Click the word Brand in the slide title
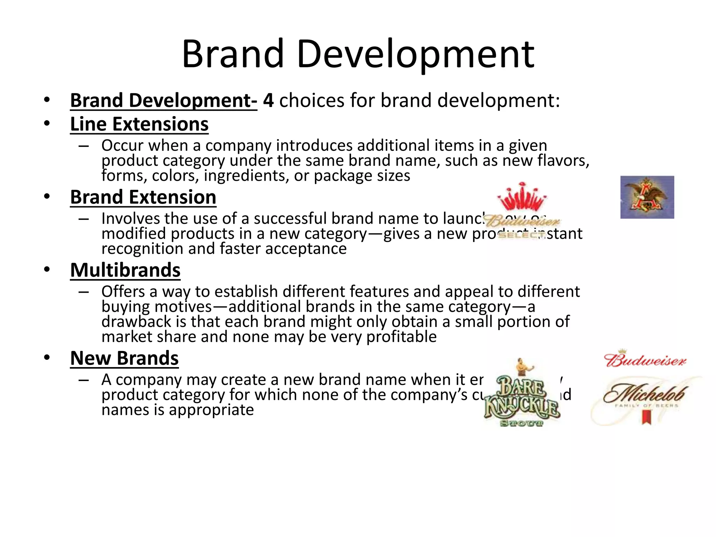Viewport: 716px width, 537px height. click(x=232, y=54)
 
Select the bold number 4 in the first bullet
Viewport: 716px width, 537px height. click(x=268, y=100)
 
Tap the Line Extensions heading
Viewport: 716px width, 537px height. click(x=139, y=124)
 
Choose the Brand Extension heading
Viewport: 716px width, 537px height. click(x=143, y=197)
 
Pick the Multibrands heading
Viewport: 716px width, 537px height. click(x=125, y=270)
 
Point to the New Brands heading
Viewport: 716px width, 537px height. click(x=124, y=358)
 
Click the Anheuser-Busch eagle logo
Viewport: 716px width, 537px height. click(x=647, y=197)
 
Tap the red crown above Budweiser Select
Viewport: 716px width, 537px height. click(x=522, y=197)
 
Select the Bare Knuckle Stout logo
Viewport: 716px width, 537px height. click(x=522, y=397)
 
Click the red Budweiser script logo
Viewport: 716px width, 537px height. click(x=645, y=360)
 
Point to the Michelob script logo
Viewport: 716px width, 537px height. click(x=645, y=393)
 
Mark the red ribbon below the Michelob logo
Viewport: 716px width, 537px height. click(x=646, y=417)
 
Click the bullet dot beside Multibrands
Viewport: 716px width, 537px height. click(x=47, y=270)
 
